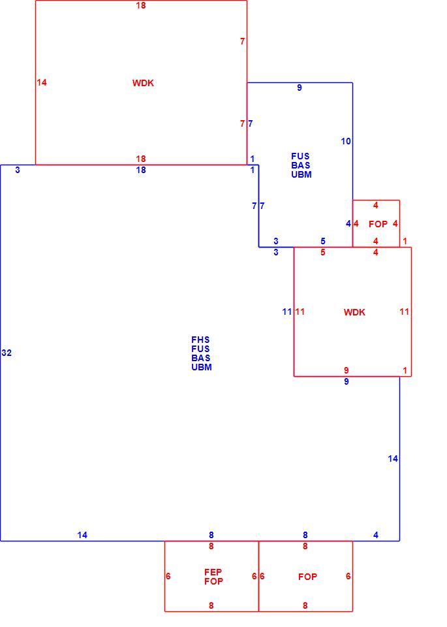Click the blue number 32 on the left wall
pos(7,353)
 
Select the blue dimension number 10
pos(346,141)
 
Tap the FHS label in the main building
pos(200,340)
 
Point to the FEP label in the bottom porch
pos(213,572)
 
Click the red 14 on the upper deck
pos(42,82)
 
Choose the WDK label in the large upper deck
pos(143,83)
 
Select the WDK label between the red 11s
pos(354,312)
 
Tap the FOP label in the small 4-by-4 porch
pos(378,224)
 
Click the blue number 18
pos(141,170)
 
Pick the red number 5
pos(323,252)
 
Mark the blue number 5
pos(323,241)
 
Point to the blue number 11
pos(287,312)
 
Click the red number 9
pos(347,370)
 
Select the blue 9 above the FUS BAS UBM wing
pos(300,88)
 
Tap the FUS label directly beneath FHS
pos(200,349)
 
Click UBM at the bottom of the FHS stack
pos(202,367)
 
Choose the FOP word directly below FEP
pos(214,581)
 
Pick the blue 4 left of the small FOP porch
pos(348,223)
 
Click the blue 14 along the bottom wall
pos(82,535)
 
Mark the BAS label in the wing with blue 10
pos(300,165)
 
